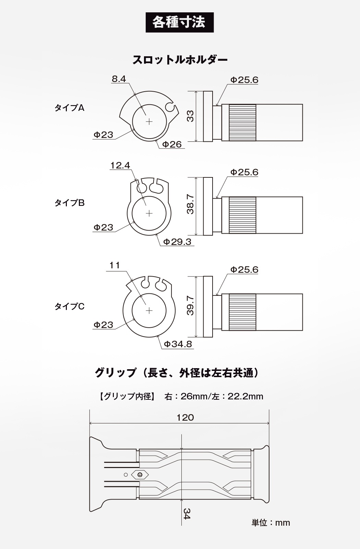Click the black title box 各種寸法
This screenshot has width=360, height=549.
point(180,22)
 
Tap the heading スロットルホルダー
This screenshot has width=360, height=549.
point(180,60)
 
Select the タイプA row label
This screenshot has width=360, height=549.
point(69,108)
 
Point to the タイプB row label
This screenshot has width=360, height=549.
point(69,203)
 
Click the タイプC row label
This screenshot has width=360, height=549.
point(69,306)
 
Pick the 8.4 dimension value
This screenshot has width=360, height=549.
point(119,79)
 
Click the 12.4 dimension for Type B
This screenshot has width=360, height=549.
point(120,165)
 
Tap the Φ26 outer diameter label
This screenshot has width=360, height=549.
point(172,144)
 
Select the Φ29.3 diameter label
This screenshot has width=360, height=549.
point(177,242)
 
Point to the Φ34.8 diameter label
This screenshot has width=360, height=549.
point(178,344)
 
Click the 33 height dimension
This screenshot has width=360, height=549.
point(190,116)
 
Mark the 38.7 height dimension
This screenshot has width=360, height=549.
point(190,205)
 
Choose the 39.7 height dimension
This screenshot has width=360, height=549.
point(190,306)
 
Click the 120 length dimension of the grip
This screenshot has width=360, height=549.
point(185,417)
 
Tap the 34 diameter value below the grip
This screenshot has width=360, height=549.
point(187,514)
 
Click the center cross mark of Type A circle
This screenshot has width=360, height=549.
point(149,121)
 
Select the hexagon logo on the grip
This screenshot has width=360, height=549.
point(140,475)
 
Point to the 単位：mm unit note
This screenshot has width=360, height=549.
point(271,523)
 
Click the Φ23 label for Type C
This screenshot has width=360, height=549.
point(103,325)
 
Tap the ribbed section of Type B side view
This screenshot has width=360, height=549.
point(242,215)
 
